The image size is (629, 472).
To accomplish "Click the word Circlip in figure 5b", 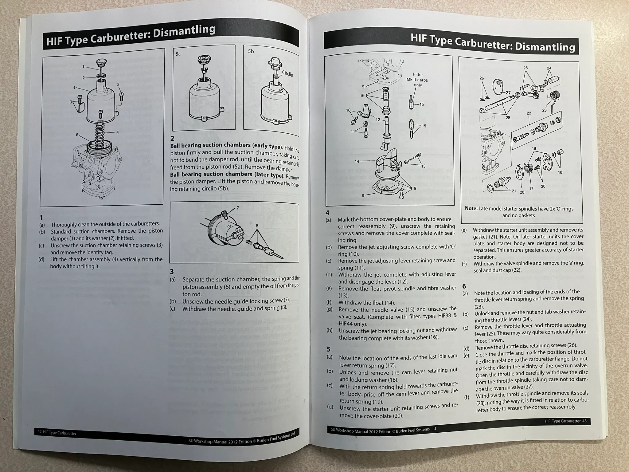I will tap(287, 74).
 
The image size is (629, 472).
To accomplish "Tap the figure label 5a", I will tap(178, 54).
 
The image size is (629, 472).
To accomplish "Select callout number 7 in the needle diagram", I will tap(238, 208).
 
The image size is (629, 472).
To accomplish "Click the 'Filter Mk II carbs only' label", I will tap(417, 80).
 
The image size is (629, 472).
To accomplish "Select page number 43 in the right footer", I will tap(584, 421).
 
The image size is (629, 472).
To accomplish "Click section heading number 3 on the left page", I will tap(172, 272).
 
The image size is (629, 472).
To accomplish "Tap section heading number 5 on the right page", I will tap(328, 349).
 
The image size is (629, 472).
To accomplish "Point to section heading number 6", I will tap(464, 286).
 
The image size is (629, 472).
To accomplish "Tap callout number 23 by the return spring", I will tap(545, 110).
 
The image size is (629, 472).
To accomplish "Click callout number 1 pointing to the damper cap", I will tap(83, 66).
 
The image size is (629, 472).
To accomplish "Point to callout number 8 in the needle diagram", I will tap(257, 226).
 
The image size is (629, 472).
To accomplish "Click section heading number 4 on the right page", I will tap(327, 213).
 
